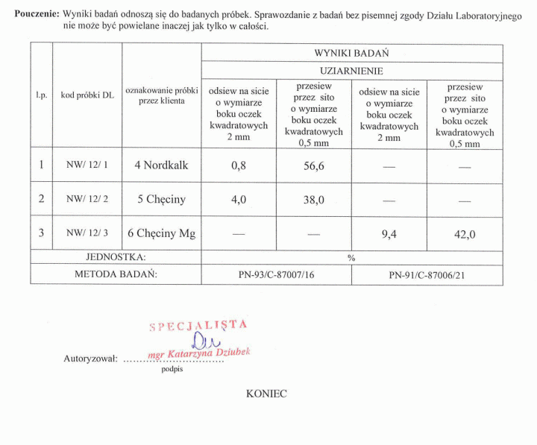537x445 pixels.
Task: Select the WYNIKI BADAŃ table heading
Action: coord(351,54)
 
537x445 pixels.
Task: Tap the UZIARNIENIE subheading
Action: coord(351,71)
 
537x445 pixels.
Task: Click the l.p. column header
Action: coord(42,95)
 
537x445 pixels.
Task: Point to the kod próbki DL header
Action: coord(87,95)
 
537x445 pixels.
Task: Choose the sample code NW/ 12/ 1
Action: coord(87,165)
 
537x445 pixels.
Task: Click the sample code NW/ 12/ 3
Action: coord(87,233)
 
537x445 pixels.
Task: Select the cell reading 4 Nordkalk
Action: coord(161,165)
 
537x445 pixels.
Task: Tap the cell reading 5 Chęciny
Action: coord(161,199)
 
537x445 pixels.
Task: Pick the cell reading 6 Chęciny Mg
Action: coord(161,233)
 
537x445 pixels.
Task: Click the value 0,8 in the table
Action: coord(239,166)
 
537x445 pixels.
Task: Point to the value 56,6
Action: coord(314,166)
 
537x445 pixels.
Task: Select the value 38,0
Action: coord(314,200)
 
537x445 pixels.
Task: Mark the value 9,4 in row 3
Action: coord(389,234)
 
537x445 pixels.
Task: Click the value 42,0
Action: coord(465,234)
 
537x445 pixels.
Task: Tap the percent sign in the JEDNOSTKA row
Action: coord(351,258)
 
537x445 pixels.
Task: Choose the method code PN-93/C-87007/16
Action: coord(276,275)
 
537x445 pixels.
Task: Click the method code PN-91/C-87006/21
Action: coord(427,275)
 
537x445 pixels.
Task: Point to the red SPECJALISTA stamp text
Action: coord(198,326)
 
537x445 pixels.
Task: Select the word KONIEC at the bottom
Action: coord(266,394)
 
